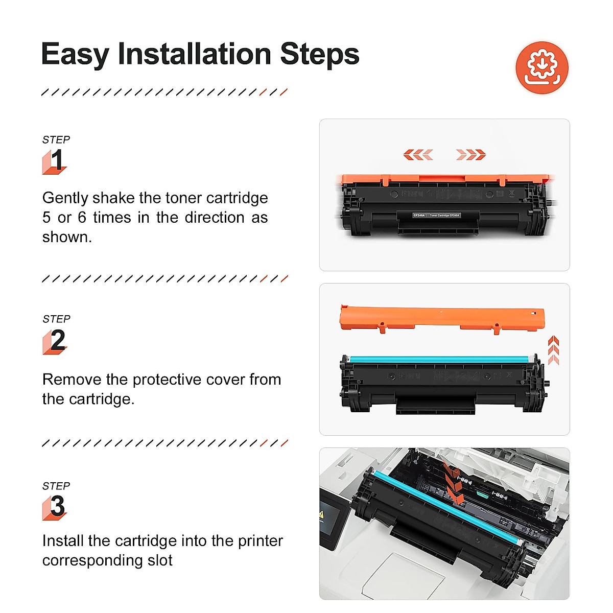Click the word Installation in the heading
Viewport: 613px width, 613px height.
coord(194,54)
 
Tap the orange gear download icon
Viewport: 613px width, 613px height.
coord(542,67)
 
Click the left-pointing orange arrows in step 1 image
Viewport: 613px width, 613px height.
coord(418,154)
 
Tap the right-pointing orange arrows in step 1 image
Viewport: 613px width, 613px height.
coord(470,154)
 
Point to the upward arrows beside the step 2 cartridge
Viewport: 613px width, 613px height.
coord(553,350)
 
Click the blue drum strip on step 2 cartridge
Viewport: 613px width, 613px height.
coord(439,360)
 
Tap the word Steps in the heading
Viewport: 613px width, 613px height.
coord(320,54)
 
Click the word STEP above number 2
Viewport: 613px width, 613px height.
coord(56,319)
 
